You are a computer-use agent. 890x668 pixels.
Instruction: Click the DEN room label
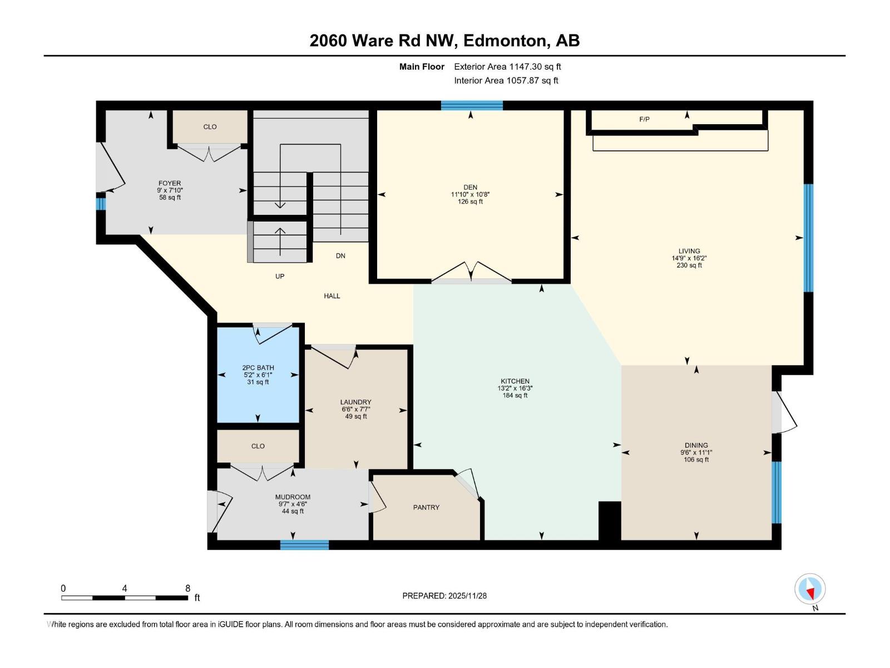470,188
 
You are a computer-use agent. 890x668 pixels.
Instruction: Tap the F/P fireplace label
644,119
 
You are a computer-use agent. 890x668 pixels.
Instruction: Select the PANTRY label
426,507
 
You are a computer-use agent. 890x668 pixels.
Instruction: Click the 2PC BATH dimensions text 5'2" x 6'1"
258,375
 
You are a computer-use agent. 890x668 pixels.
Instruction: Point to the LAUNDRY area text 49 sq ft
356,416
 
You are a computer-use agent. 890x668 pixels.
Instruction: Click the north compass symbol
810,590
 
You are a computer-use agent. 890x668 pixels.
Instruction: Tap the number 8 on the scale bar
188,588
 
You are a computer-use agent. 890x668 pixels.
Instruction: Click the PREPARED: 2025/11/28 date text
444,596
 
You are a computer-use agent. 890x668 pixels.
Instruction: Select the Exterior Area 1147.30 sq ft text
507,67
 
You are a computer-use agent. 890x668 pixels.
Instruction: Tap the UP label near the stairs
280,276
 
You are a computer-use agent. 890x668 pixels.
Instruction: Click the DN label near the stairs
340,256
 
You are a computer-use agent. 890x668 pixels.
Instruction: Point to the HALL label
332,296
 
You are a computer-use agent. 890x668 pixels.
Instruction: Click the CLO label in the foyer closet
210,127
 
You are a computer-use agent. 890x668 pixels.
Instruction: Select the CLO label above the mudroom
258,446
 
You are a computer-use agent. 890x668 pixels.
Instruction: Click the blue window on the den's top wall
472,105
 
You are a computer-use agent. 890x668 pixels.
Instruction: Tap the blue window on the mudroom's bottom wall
304,545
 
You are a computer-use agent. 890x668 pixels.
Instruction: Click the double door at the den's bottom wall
471,276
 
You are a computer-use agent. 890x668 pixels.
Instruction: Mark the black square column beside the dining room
609,521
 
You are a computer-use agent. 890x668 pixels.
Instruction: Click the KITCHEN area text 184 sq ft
515,396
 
